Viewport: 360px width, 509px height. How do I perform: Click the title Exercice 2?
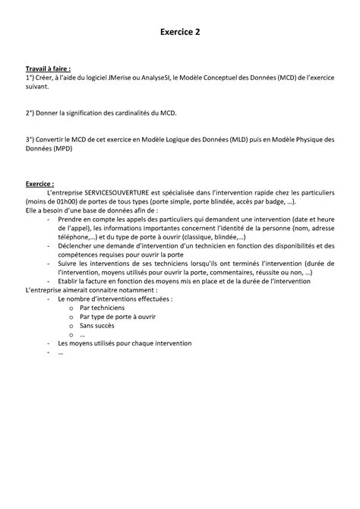(x=180, y=33)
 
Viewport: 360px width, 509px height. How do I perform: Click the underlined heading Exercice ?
(x=39, y=184)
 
